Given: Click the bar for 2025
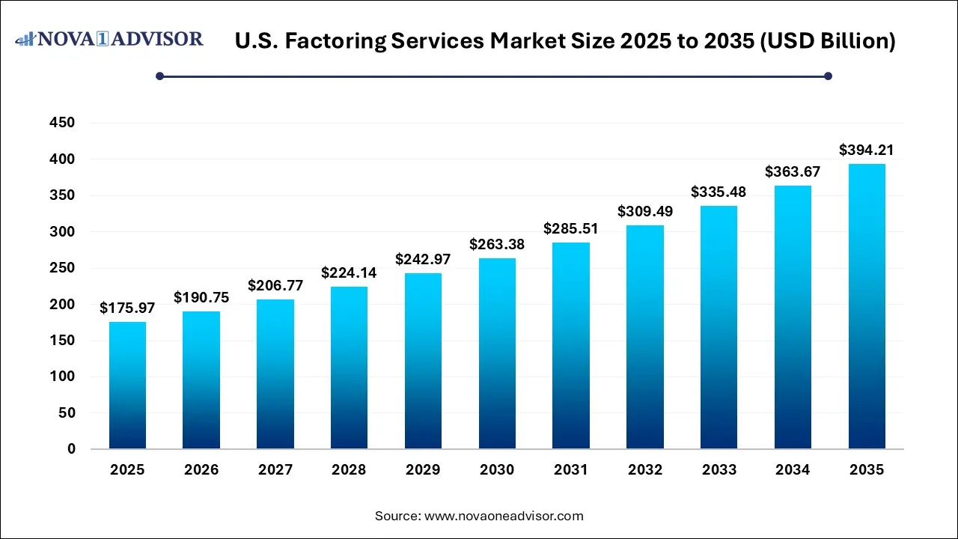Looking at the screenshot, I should (x=127, y=386).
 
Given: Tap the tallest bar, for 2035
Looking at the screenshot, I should (x=867, y=306).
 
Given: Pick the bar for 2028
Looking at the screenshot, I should (x=349, y=368).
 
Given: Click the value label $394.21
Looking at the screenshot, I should (x=867, y=150).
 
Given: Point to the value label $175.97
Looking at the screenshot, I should (x=127, y=308).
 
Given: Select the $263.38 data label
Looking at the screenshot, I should (x=497, y=244).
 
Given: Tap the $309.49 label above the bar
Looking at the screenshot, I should (x=645, y=211).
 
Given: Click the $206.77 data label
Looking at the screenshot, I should (x=275, y=286).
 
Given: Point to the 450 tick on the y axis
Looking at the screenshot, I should (x=61, y=123).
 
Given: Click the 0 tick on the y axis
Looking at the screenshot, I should (x=71, y=449).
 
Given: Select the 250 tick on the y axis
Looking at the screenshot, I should (x=61, y=268).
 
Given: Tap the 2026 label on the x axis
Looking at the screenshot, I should (x=201, y=470).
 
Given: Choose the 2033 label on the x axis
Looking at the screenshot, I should (x=718, y=470).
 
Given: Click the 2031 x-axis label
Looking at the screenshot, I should (x=571, y=470).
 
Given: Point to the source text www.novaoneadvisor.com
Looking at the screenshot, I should (x=504, y=516).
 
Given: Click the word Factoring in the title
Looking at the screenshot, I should (x=335, y=41).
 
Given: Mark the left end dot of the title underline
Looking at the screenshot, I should (x=159, y=76).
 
